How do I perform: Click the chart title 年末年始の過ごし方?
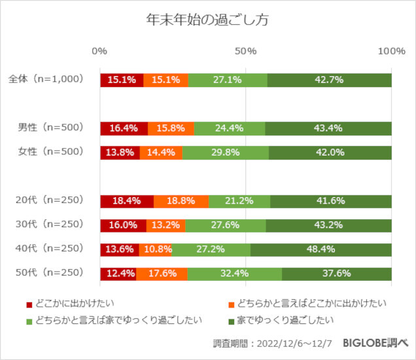click(x=208, y=20)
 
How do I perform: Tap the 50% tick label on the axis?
click(x=245, y=51)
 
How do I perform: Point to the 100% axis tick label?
click(x=391, y=51)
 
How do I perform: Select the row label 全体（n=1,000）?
click(x=46, y=79)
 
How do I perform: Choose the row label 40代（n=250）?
click(x=50, y=249)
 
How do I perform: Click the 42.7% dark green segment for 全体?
click(x=329, y=80)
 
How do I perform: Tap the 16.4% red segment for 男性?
click(x=124, y=128)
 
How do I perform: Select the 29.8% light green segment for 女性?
click(x=225, y=153)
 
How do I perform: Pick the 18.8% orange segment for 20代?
click(x=181, y=201)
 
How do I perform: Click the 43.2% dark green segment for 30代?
click(x=328, y=225)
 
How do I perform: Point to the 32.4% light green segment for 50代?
click(x=235, y=274)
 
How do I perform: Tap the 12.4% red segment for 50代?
click(x=118, y=274)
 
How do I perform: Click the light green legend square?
click(x=29, y=321)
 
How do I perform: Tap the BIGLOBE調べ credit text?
click(x=375, y=343)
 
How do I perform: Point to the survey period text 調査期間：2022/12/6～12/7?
click(x=271, y=343)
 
